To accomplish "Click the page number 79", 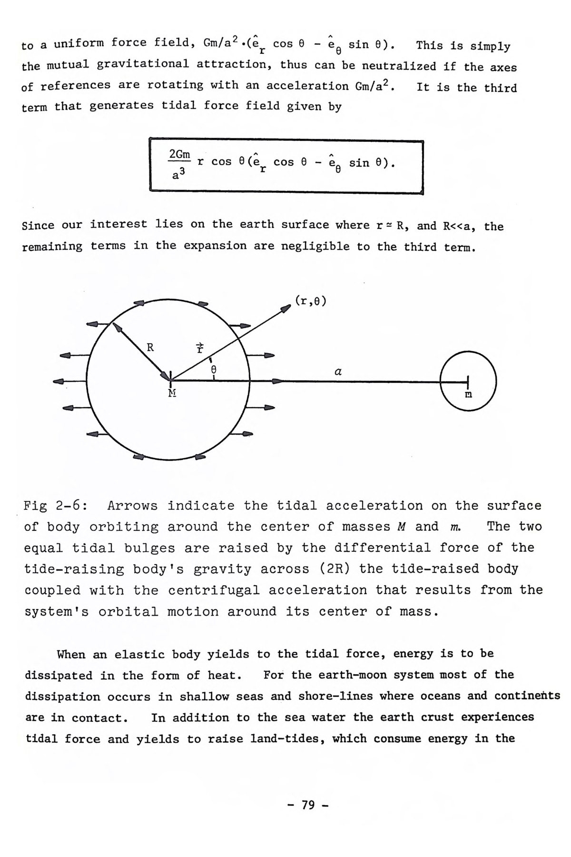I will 308,805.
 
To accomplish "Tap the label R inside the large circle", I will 150,347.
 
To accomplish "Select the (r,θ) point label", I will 311,300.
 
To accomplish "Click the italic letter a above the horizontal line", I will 338,371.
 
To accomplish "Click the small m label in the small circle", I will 468,395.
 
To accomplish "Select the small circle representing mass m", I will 469,380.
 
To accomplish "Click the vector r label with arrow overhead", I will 200,347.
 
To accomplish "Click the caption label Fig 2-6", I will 55,505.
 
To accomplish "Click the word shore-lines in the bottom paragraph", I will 335,696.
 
